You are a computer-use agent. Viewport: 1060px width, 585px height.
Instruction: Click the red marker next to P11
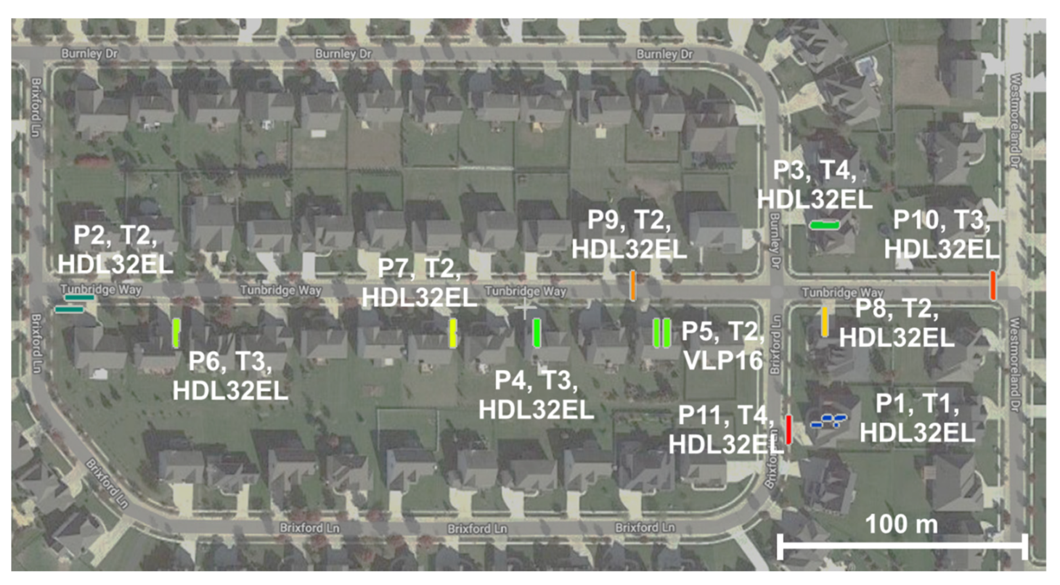coord(789,429)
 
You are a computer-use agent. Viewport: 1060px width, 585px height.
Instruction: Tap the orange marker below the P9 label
coord(633,285)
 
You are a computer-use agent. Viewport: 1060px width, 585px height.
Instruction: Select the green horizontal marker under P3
coord(824,225)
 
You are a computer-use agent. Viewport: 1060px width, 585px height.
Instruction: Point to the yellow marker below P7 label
coord(453,333)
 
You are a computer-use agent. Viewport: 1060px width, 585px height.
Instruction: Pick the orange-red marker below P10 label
coord(993,285)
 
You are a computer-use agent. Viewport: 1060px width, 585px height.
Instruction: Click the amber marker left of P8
coord(824,322)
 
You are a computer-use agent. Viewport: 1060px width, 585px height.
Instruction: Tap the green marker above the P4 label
coord(537,333)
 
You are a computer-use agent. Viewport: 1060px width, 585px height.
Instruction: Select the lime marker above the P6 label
coord(176,333)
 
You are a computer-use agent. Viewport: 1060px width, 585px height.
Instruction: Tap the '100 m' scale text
coord(901,524)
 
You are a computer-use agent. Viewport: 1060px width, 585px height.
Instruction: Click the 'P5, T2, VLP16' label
coord(722,345)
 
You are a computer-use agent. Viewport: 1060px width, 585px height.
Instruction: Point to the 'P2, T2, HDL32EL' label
coord(115,250)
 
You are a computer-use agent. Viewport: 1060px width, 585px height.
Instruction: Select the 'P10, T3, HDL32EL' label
coord(942,234)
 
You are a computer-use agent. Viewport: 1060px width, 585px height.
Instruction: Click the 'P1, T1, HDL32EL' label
coord(917,418)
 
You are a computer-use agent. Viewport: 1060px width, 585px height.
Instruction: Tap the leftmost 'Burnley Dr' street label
coord(89,53)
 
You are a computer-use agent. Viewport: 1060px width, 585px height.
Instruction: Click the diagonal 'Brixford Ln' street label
coord(107,483)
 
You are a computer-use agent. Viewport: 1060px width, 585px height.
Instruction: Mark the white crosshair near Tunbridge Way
coord(525,308)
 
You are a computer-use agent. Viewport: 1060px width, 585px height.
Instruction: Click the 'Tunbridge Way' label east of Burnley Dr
coord(842,292)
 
